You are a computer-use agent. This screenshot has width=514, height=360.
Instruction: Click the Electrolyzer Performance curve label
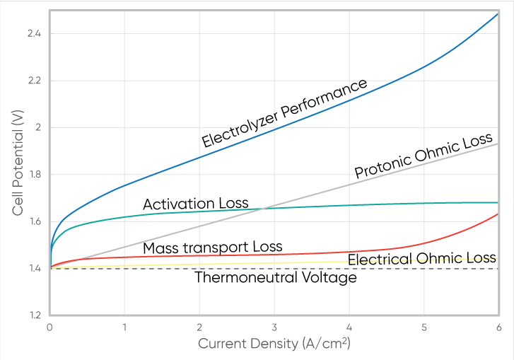[x=284, y=113]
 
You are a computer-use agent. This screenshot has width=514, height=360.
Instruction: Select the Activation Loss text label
[x=195, y=204]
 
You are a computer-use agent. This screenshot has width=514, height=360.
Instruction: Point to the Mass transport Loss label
[x=212, y=248]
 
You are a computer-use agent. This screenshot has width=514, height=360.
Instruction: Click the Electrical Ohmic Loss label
[x=421, y=258]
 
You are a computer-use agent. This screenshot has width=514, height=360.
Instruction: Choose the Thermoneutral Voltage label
[x=275, y=278]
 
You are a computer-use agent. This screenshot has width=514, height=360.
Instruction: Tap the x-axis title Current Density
[x=274, y=344]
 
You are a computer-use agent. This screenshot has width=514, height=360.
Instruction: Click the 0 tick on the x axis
[x=49, y=327]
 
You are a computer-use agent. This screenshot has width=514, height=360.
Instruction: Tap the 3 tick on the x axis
[x=274, y=327]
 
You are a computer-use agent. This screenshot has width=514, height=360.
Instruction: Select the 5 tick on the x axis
[x=424, y=327]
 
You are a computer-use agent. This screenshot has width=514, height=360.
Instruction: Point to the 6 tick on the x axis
[x=498, y=327]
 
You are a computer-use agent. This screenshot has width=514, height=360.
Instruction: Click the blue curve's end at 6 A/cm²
[x=498, y=14]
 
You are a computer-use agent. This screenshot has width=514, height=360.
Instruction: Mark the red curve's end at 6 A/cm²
[x=498, y=214]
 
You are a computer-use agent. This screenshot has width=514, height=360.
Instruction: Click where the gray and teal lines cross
[x=262, y=208]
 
